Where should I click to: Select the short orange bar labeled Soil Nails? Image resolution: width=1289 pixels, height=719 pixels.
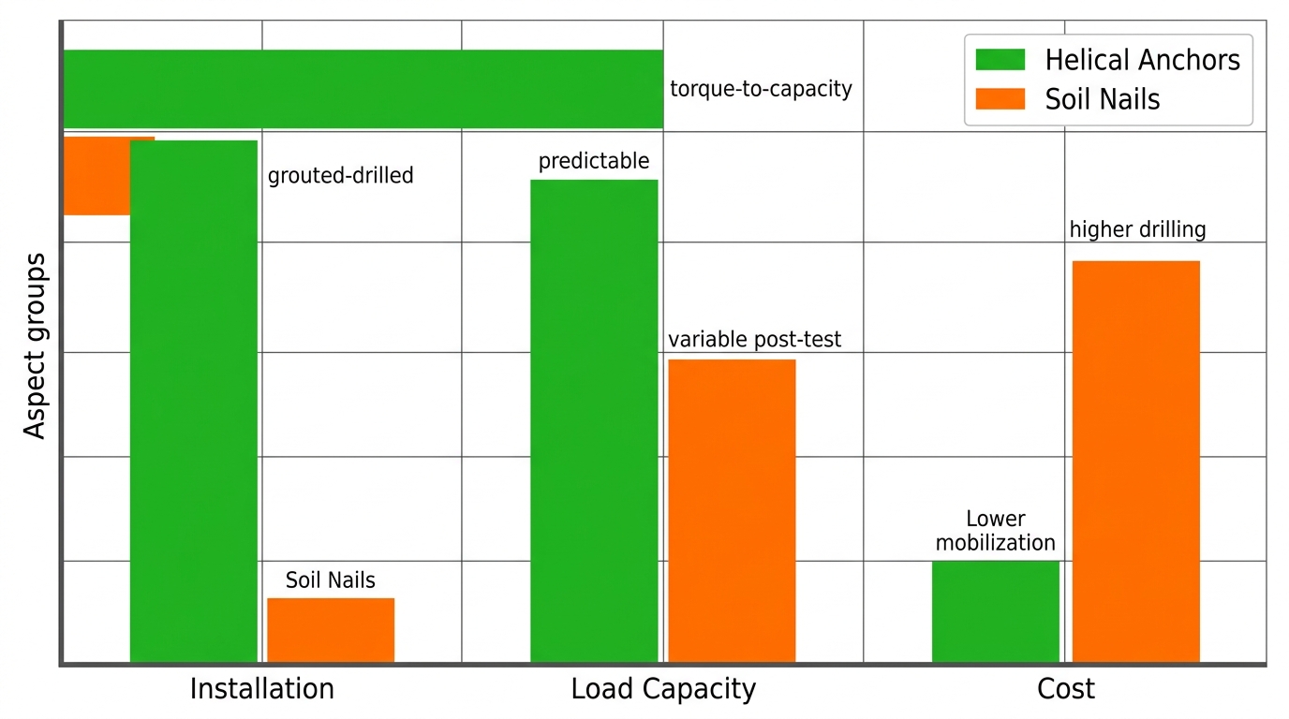(x=331, y=630)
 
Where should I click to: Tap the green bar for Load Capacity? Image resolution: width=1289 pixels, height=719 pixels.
(x=594, y=421)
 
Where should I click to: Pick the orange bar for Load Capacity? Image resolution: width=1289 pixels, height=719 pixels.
(x=732, y=511)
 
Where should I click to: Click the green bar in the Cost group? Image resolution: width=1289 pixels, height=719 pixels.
(x=995, y=611)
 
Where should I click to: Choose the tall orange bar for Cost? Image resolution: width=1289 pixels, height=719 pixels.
(x=1135, y=462)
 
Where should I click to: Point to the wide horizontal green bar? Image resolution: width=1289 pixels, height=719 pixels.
(x=363, y=89)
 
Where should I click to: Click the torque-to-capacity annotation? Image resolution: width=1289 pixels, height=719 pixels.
(x=761, y=89)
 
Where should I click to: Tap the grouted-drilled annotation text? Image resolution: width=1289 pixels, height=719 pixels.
(x=340, y=175)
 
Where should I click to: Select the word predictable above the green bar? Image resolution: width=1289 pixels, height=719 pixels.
(x=593, y=161)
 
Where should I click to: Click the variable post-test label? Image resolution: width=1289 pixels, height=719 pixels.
(x=754, y=339)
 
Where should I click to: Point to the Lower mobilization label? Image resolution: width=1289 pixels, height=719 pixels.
(x=995, y=531)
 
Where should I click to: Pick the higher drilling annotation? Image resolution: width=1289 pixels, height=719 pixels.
(x=1137, y=229)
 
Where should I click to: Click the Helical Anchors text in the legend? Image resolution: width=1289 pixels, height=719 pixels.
(x=1142, y=60)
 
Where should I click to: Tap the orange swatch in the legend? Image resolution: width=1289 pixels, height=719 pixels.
(x=1000, y=99)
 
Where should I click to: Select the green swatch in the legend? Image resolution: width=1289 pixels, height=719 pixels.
(x=1000, y=60)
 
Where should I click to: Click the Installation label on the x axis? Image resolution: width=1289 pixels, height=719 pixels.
(x=261, y=689)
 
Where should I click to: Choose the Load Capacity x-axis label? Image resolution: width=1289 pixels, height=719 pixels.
(x=663, y=689)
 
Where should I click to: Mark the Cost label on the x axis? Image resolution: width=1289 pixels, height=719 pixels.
(x=1065, y=689)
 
